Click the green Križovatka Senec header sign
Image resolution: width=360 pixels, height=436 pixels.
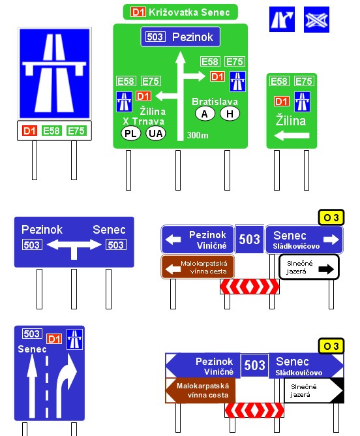[180, 12]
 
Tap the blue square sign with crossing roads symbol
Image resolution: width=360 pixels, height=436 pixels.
[316, 20]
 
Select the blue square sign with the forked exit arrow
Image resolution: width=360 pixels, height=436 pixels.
[282, 19]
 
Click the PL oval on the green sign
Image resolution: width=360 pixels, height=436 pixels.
[131, 133]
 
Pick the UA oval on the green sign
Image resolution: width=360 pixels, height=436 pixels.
[156, 133]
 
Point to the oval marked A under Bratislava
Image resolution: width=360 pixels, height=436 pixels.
[205, 114]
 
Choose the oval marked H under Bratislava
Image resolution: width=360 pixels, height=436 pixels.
[230, 114]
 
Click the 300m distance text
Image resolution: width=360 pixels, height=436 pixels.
[198, 135]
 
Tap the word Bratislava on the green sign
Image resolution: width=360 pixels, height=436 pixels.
[215, 101]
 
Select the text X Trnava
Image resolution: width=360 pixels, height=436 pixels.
[143, 121]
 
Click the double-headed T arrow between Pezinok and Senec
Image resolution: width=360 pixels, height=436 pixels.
[74, 247]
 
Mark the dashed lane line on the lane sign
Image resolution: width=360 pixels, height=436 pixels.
[47, 386]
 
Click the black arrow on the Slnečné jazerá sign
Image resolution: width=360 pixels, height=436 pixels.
[326, 269]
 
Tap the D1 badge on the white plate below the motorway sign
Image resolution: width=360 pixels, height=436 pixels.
[29, 131]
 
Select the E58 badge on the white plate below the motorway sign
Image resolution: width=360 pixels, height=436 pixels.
[51, 131]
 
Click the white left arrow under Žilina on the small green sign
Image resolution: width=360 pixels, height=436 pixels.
[292, 136]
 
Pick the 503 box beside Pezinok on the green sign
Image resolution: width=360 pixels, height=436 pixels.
[155, 37]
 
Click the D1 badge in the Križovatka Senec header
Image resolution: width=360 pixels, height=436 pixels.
[138, 12]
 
